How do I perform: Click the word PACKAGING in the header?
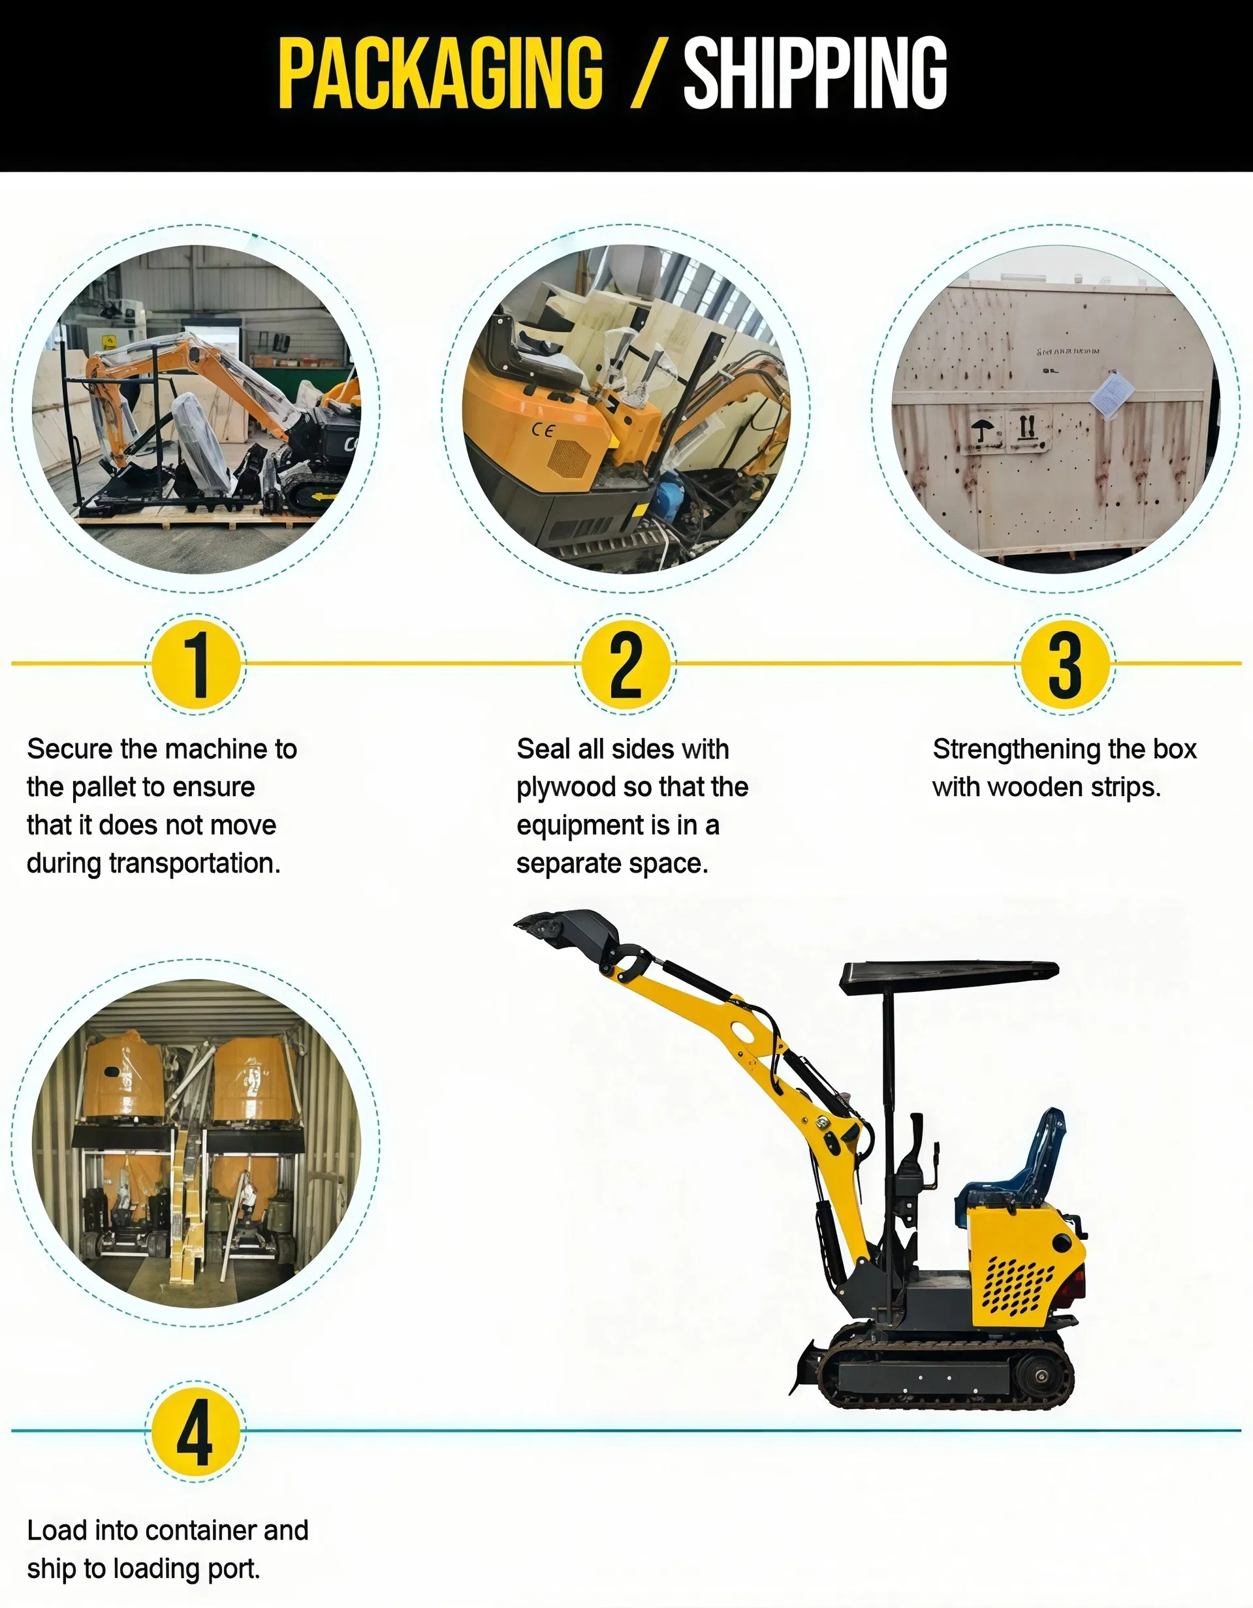[441, 74]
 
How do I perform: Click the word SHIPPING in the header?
[816, 74]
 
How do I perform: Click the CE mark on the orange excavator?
[543, 430]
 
